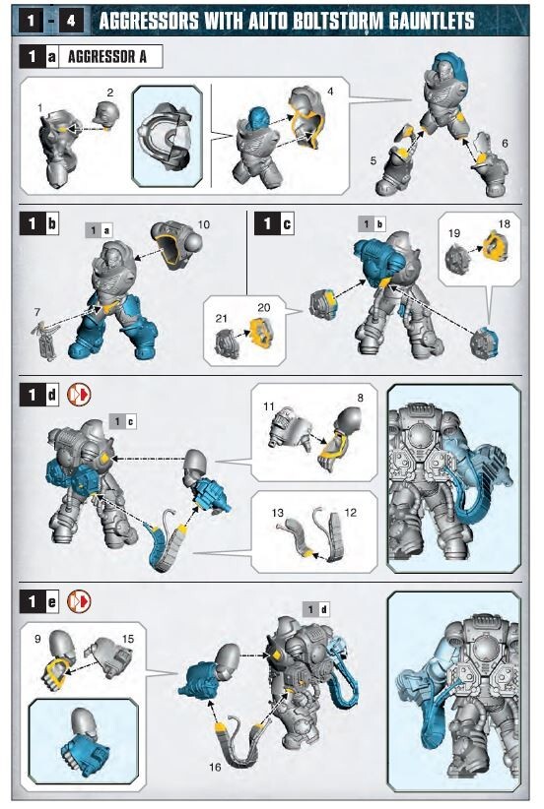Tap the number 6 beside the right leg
coord(505,143)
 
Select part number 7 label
coord(36,313)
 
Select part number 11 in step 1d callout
coord(268,405)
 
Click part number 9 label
coord(36,639)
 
